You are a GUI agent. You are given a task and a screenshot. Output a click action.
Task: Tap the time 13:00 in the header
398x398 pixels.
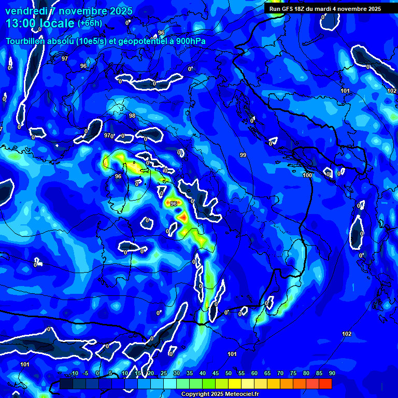pyautogui.click(x=23, y=23)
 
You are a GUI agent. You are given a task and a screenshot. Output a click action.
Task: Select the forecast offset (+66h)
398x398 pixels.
pyautogui.click(x=90, y=23)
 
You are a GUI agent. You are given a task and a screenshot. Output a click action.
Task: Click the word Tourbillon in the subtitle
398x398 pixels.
pyautogui.click(x=26, y=41)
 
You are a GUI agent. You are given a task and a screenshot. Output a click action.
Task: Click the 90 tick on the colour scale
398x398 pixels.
pyautogui.click(x=332, y=374)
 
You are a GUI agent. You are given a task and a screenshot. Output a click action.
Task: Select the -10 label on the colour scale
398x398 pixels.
pyautogui.click(x=74, y=374)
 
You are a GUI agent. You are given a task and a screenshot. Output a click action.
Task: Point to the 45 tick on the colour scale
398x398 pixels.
pyautogui.click(x=215, y=374)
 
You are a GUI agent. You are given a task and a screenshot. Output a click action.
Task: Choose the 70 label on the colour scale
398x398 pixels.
pyautogui.click(x=280, y=374)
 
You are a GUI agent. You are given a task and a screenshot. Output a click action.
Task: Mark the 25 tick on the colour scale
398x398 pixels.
pyautogui.click(x=163, y=374)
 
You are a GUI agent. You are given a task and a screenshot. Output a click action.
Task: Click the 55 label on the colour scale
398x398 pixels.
pyautogui.click(x=241, y=374)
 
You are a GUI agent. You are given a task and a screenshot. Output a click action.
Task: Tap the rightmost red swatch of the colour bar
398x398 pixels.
pyautogui.click(x=325, y=383)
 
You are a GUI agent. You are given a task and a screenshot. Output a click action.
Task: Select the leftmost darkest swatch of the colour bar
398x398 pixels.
pyautogui.click(x=66, y=383)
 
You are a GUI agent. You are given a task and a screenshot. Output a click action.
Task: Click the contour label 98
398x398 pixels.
pyautogui.click(x=132, y=116)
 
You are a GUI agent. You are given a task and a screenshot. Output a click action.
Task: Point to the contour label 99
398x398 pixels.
pyautogui.click(x=243, y=155)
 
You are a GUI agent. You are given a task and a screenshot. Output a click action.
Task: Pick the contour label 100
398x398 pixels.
pyautogui.click(x=307, y=176)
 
